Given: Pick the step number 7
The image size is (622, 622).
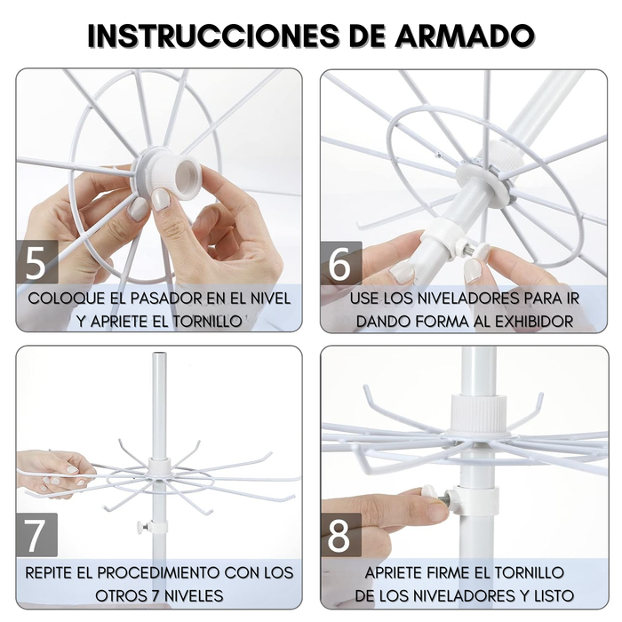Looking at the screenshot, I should [36, 535].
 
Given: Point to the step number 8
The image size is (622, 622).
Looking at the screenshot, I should [341, 535].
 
